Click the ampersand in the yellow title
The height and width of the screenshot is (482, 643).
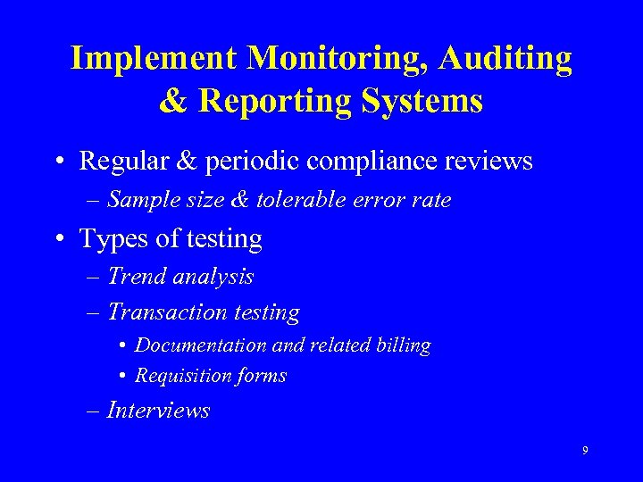coord(173,101)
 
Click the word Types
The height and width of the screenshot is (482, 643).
coord(113,240)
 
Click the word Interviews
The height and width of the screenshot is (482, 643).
coord(158,411)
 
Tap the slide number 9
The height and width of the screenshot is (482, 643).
coord(585,451)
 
